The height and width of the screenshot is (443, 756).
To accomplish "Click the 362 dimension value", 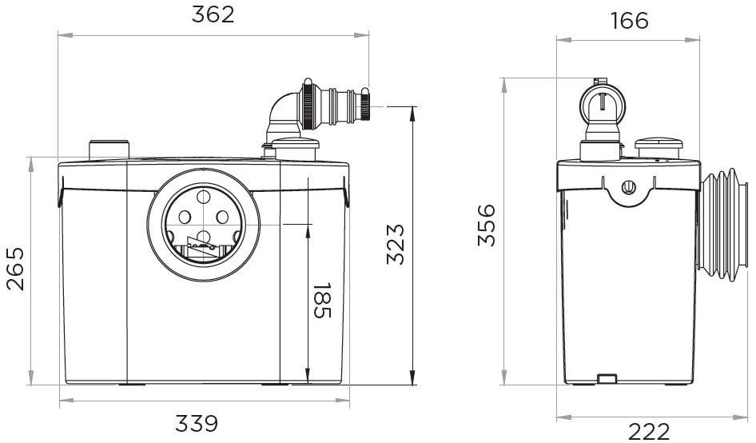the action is coord(213,14).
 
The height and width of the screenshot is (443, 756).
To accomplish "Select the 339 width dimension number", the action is coord(197,424).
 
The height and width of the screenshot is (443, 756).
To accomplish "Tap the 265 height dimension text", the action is coord(15,269).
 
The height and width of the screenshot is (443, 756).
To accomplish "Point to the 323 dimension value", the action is coord(396,244).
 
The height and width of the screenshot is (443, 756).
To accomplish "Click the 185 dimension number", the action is coord(322,300).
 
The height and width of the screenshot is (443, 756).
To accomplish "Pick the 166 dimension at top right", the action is coord(629,21).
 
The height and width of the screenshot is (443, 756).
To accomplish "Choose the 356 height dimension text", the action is coord(487,225).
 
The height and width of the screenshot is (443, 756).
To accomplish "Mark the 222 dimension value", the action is coord(649,431).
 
